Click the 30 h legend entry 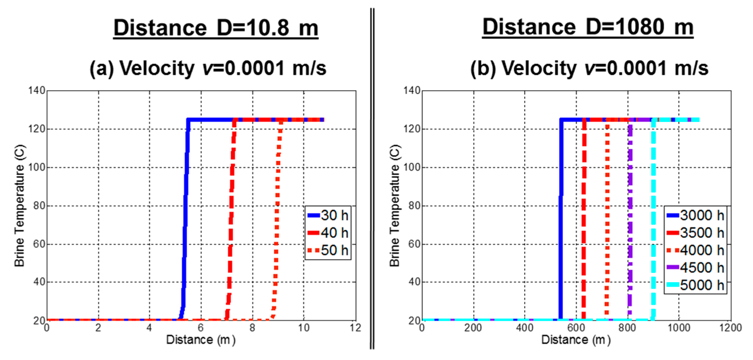[x=328, y=215]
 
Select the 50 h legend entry [x=328, y=250]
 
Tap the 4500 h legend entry [x=696, y=268]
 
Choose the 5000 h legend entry [x=696, y=285]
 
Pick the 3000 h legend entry [x=696, y=215]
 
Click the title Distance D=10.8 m [x=216, y=28]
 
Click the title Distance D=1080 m [x=587, y=27]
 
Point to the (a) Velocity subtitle [x=208, y=68]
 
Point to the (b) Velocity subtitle [x=589, y=68]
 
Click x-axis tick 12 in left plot [x=355, y=328]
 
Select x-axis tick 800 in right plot [x=627, y=328]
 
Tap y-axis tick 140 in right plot [x=412, y=90]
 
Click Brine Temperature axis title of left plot [x=20, y=206]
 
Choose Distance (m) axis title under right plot [x=576, y=340]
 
